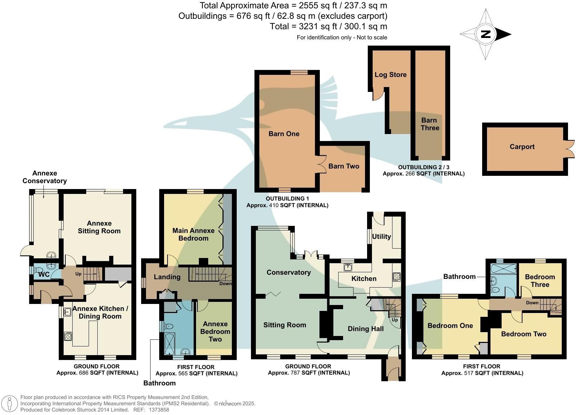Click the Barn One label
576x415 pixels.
click(x=284, y=134)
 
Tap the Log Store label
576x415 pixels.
click(x=390, y=75)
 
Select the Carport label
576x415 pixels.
click(x=522, y=147)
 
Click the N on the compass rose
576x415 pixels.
click(x=486, y=34)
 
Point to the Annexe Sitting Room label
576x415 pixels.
click(x=99, y=227)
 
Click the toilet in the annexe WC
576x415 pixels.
click(x=38, y=270)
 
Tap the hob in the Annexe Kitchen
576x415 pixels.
click(x=68, y=336)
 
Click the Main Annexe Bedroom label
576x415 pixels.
click(x=193, y=234)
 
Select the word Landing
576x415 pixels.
click(x=167, y=277)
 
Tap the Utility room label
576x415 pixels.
click(x=381, y=236)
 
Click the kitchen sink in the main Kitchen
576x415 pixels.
click(x=348, y=267)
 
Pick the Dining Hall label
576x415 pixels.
click(x=366, y=329)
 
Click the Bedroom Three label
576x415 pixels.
click(x=540, y=281)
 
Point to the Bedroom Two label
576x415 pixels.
click(x=524, y=334)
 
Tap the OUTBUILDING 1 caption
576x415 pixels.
click(x=287, y=198)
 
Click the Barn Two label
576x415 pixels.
click(x=343, y=166)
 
